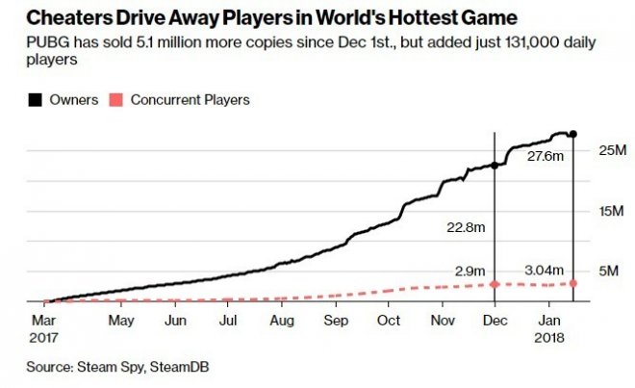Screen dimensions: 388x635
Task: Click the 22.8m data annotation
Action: [x=466, y=229]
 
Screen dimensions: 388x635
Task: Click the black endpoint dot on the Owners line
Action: [x=573, y=134]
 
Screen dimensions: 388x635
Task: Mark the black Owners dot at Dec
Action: [x=495, y=166]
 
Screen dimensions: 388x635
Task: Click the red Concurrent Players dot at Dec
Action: [x=495, y=284]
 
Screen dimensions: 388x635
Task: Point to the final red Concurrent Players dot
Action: [x=573, y=283]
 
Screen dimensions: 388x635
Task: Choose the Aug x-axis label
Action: [x=283, y=320]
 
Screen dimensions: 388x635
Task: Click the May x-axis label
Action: [x=120, y=320]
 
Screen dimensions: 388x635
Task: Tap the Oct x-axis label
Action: [x=389, y=320]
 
